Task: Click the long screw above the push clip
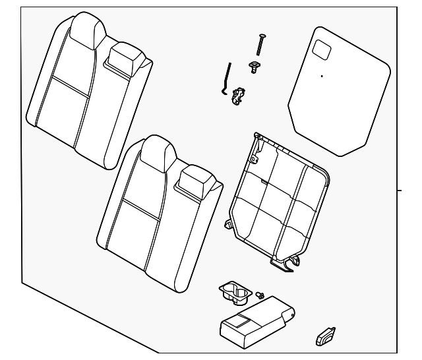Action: (x=260, y=45)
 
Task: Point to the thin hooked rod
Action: (x=226, y=80)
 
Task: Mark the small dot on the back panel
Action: (x=322, y=76)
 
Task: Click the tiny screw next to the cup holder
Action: (x=261, y=295)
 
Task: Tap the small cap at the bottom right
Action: (x=324, y=338)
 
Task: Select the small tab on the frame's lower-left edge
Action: (x=229, y=224)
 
